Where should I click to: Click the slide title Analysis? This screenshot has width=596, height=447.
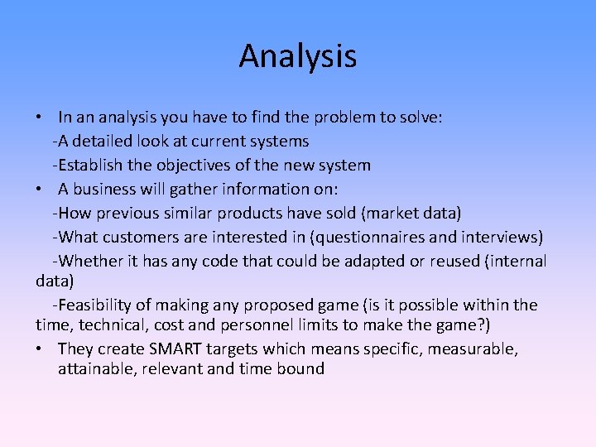click(x=298, y=56)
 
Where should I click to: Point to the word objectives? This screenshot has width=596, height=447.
click(x=189, y=166)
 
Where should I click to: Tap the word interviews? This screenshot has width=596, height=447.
click(x=507, y=238)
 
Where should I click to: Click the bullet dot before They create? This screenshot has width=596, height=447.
click(x=40, y=348)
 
